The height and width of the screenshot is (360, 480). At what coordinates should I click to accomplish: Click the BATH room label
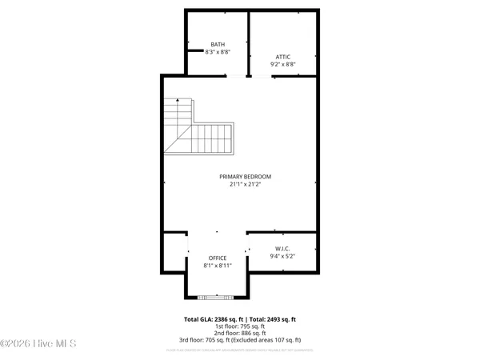(x=218, y=44)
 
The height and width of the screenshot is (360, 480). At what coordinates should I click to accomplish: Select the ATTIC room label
(x=283, y=57)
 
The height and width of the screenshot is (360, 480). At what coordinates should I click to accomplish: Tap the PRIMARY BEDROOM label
(x=246, y=176)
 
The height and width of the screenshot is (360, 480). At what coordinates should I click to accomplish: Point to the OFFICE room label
(x=218, y=258)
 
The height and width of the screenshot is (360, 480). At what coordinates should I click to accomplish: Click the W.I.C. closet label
(x=283, y=249)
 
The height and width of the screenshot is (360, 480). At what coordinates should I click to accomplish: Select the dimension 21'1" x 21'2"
(x=246, y=184)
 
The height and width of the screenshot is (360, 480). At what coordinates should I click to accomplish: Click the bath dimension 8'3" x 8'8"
(x=218, y=51)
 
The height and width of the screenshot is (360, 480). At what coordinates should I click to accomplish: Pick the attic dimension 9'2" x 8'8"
(x=283, y=64)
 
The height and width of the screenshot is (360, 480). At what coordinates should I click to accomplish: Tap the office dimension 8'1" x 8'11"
(x=218, y=265)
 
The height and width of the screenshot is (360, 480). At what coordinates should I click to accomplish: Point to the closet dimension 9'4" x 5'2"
(x=283, y=256)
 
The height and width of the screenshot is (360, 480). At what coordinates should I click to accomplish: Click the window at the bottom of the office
(x=218, y=297)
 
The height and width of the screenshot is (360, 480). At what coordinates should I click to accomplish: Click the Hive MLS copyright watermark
(x=38, y=344)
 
